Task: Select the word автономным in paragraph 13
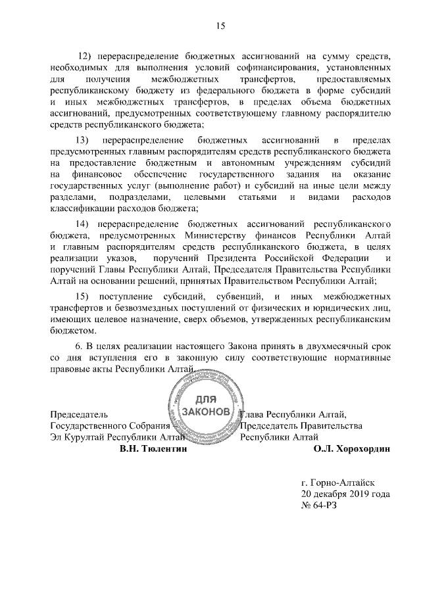235,164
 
